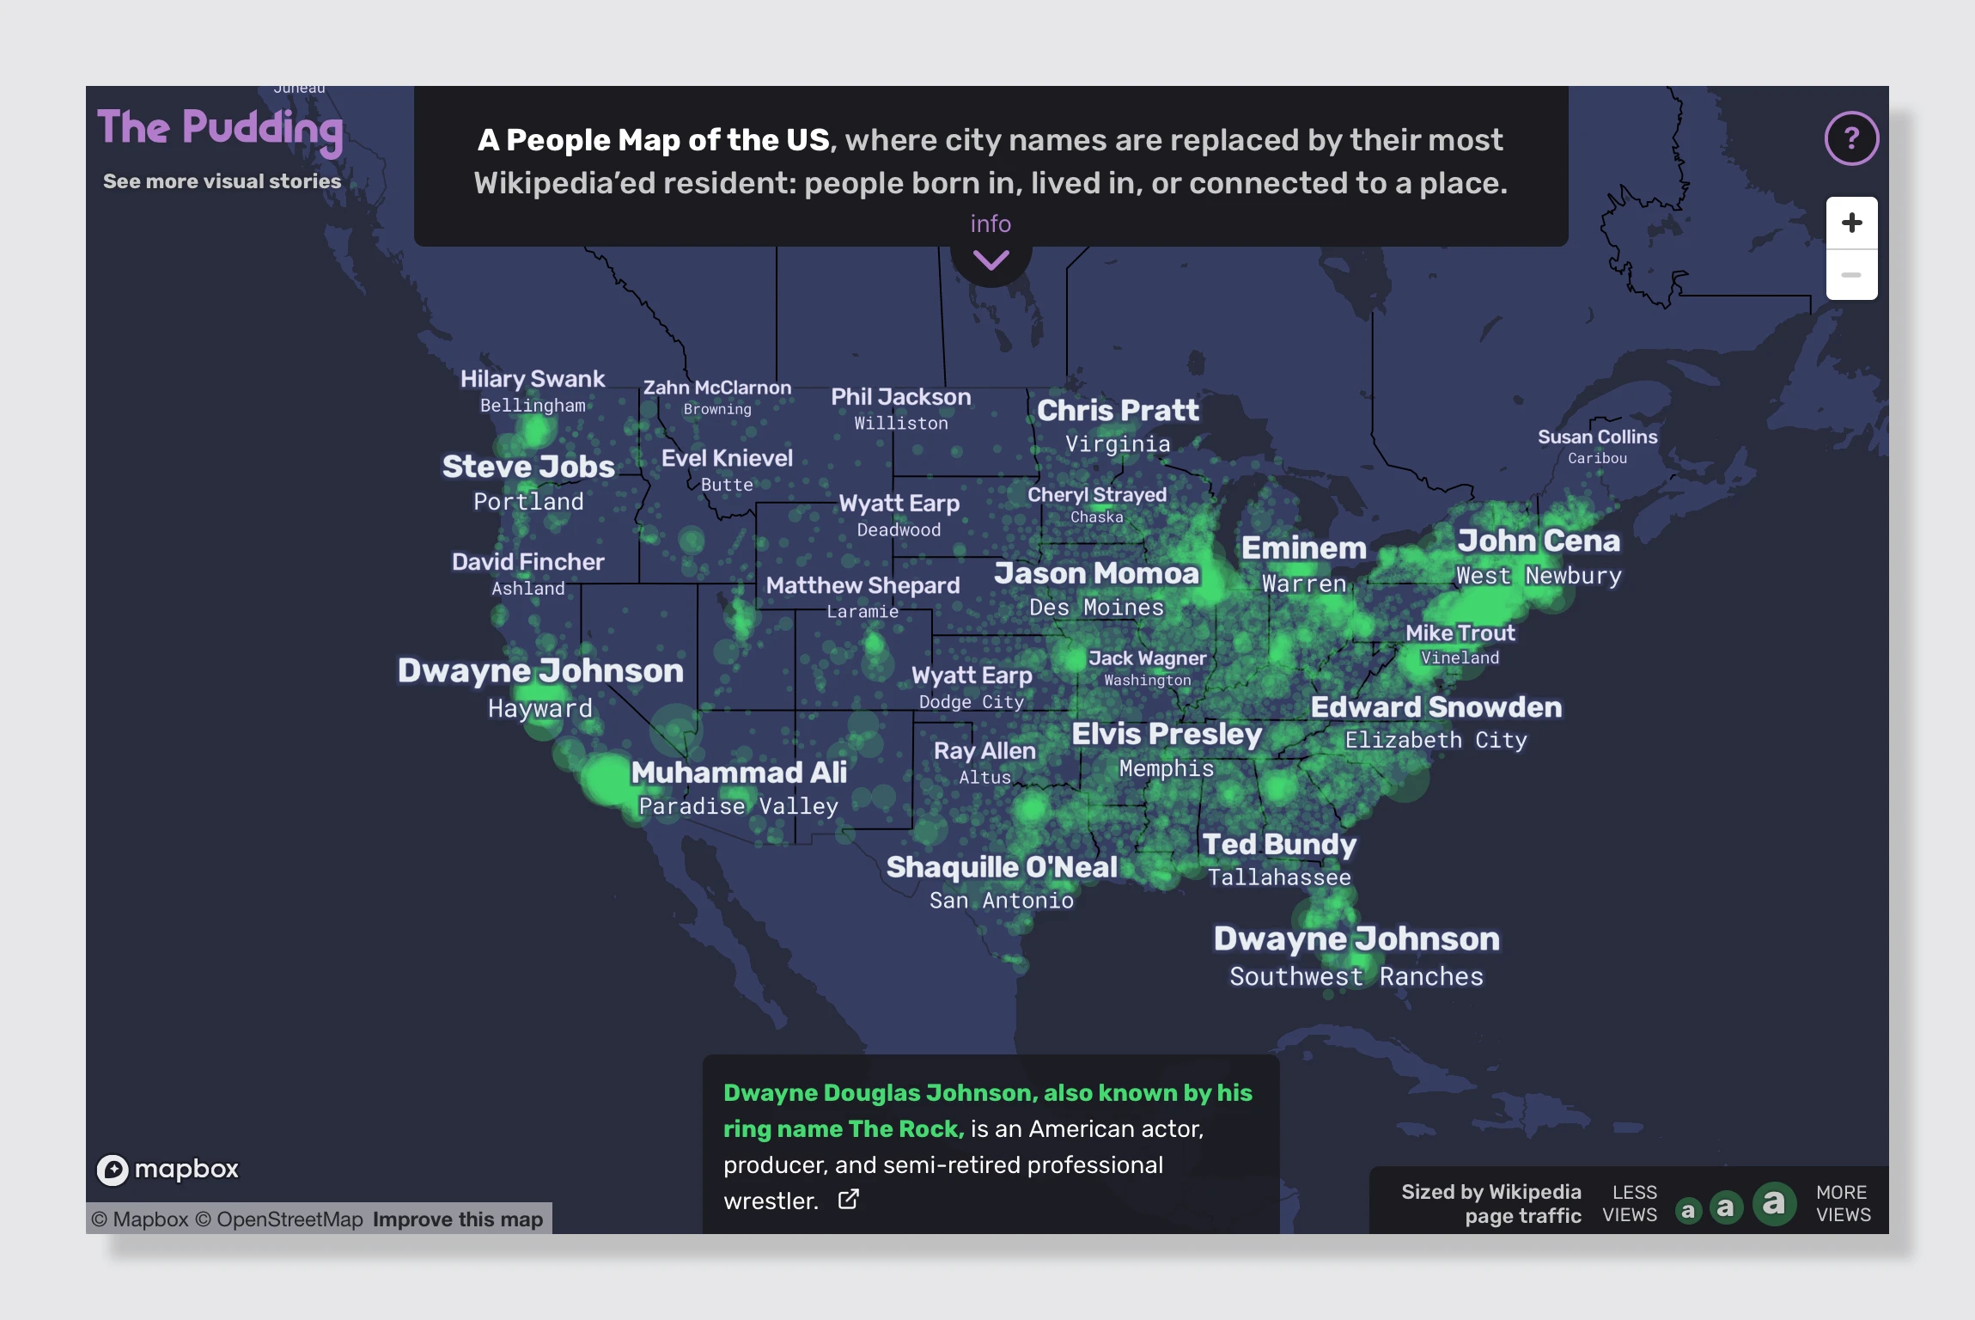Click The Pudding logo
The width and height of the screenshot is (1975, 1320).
220,129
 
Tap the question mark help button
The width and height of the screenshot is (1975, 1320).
1851,138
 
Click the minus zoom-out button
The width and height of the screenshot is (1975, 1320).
1851,275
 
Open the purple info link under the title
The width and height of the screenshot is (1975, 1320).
991,224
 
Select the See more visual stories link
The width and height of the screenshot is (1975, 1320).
222,181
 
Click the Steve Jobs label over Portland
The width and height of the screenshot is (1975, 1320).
528,467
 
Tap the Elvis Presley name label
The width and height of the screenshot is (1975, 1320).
1167,735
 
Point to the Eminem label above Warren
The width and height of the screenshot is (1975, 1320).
1303,548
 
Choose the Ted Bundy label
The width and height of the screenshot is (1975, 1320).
1279,845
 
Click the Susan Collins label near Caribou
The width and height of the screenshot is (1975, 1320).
1597,437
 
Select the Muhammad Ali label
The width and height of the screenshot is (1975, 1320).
739,773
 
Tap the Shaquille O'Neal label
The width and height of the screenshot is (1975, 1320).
1002,868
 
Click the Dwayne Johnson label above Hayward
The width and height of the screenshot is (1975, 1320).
540,671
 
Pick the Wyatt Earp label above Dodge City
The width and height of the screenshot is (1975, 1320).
972,675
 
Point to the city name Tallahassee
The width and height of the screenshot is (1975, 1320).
1279,877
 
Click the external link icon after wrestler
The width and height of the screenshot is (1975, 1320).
848,1200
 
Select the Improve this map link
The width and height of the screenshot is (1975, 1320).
458,1219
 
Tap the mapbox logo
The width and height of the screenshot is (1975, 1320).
168,1169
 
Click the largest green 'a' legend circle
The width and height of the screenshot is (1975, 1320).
1774,1204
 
